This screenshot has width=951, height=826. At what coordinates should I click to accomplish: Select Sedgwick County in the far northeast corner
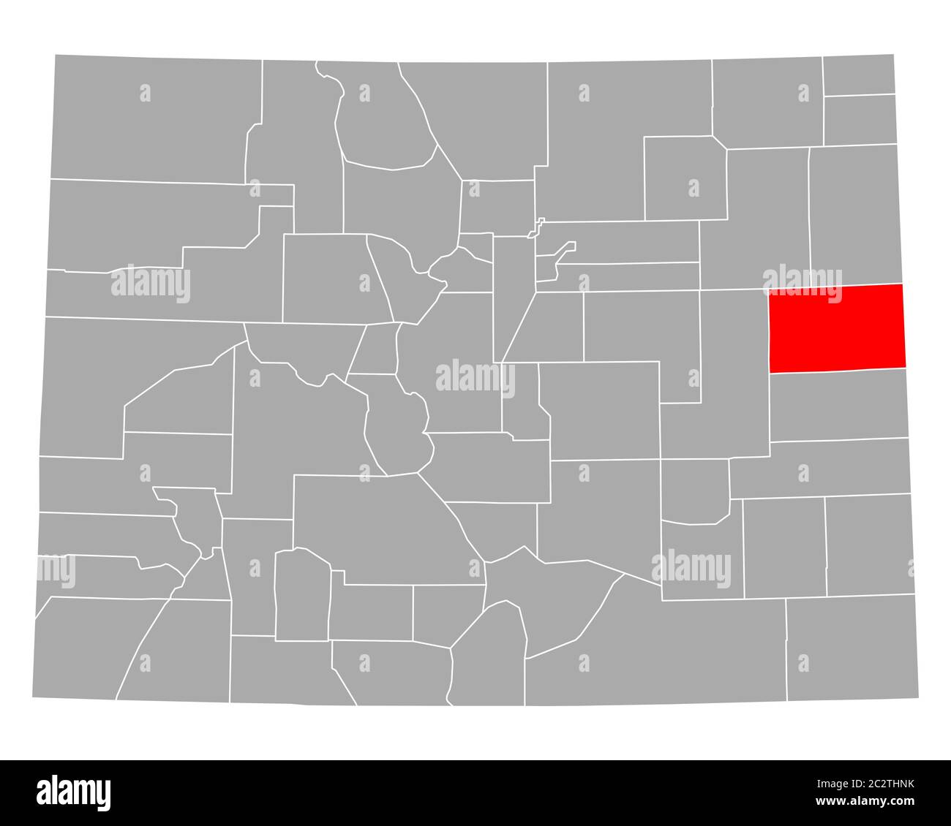[x=859, y=75]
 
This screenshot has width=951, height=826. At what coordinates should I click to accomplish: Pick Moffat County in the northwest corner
[x=154, y=117]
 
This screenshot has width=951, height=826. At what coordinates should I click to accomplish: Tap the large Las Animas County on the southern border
[x=658, y=643]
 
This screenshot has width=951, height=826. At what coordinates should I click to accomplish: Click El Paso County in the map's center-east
[x=600, y=409]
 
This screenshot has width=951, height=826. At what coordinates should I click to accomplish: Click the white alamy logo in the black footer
[x=74, y=792]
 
